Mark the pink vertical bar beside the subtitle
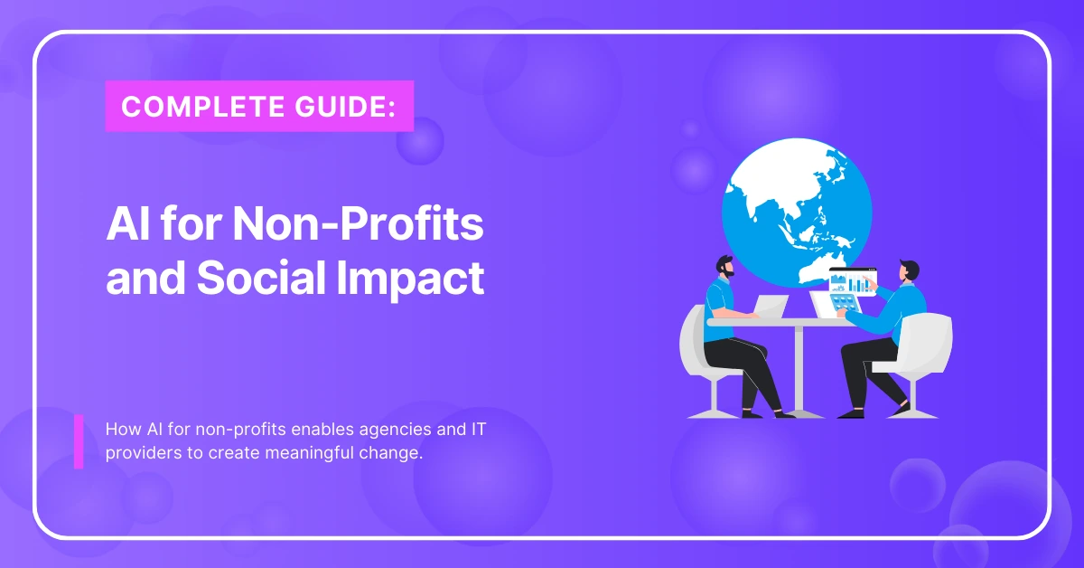(x=79, y=441)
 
